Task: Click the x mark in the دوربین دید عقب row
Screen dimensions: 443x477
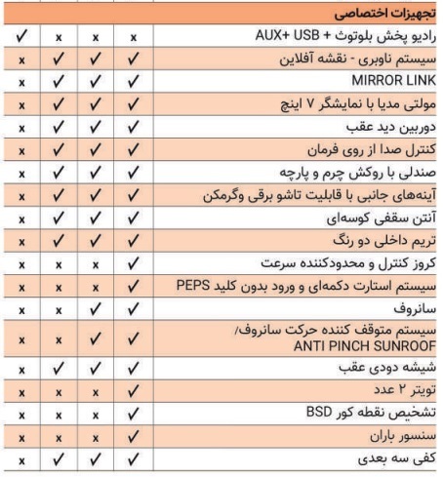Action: coord(20,128)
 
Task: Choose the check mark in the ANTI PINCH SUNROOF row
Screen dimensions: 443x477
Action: coord(97,339)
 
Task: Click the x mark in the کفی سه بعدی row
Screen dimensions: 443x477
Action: coord(20,457)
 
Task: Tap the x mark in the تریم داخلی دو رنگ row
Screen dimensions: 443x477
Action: coord(20,241)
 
